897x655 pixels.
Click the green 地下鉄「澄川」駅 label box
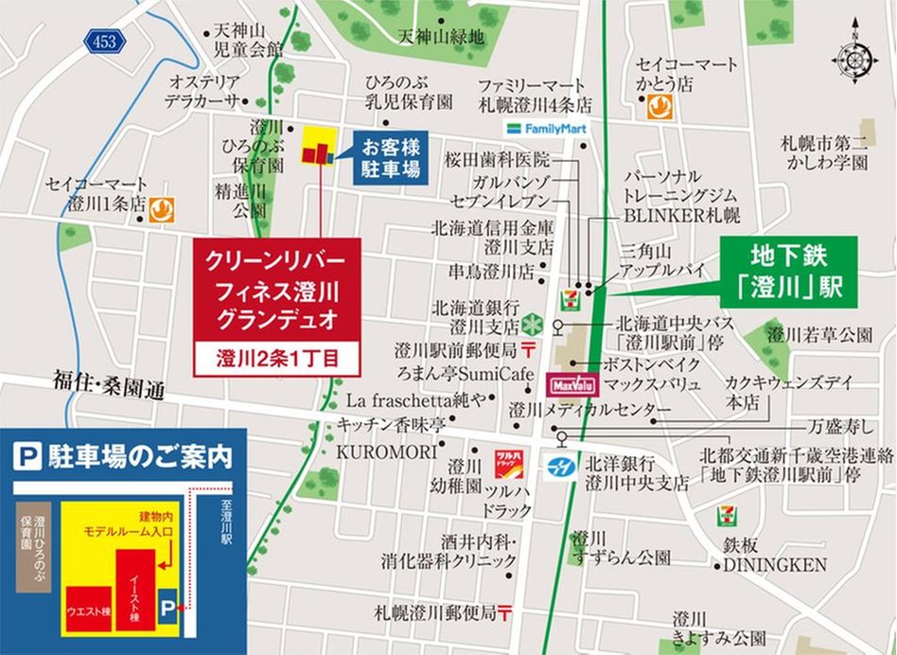788,272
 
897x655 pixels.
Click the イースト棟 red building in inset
134,590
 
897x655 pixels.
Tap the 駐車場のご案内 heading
124,457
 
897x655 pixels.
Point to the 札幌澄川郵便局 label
434,612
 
